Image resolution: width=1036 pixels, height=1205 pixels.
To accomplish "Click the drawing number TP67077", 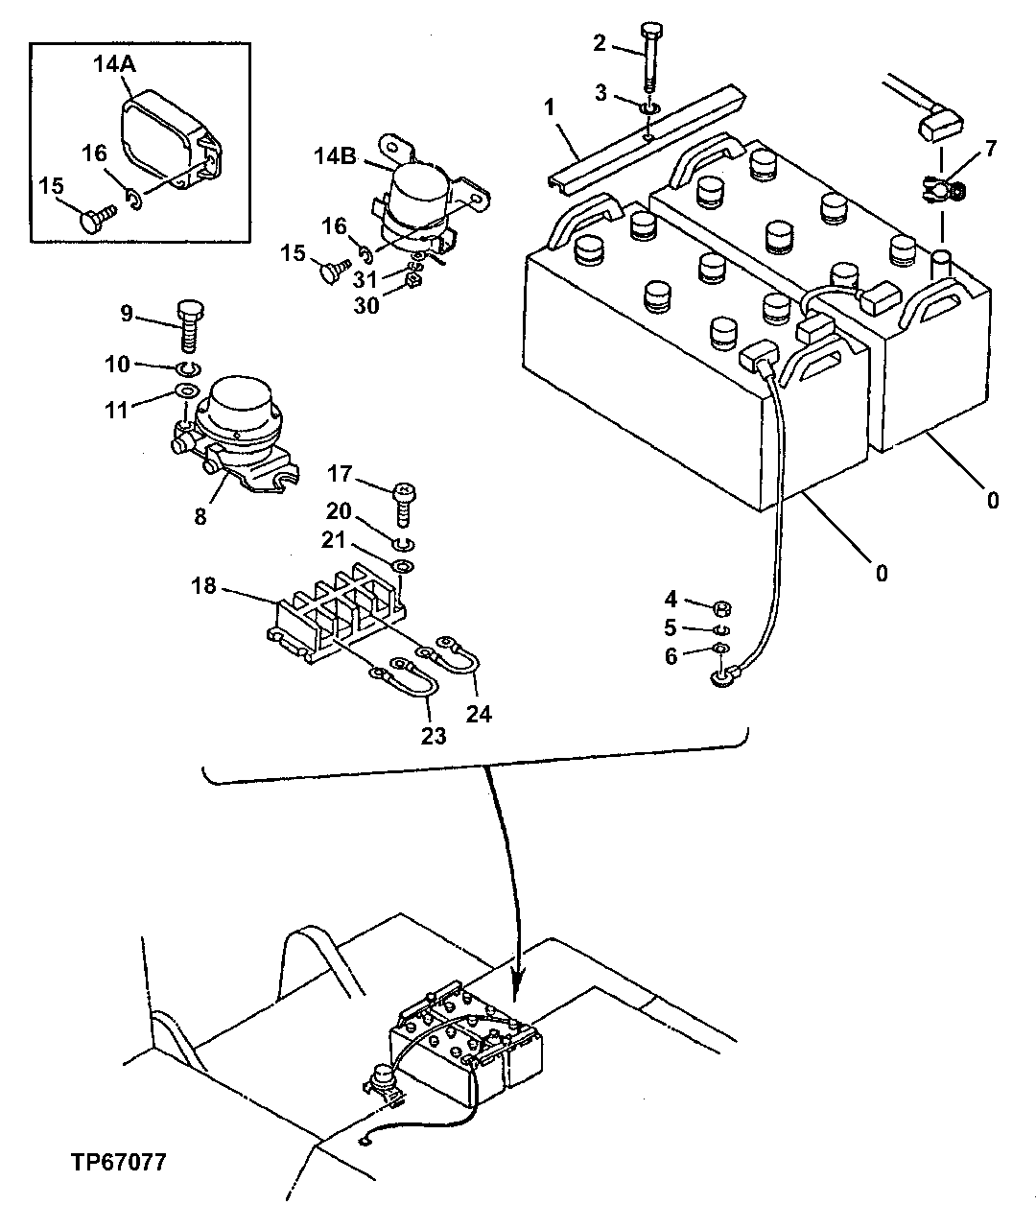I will click(x=118, y=1162).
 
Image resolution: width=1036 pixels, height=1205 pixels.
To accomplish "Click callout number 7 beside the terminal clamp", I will click(x=991, y=149).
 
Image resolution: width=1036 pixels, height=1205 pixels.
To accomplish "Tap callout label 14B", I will click(x=336, y=154).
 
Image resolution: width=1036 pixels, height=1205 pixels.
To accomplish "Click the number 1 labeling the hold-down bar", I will click(x=550, y=107).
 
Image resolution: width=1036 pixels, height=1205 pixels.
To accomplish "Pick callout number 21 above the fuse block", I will click(x=335, y=540).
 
